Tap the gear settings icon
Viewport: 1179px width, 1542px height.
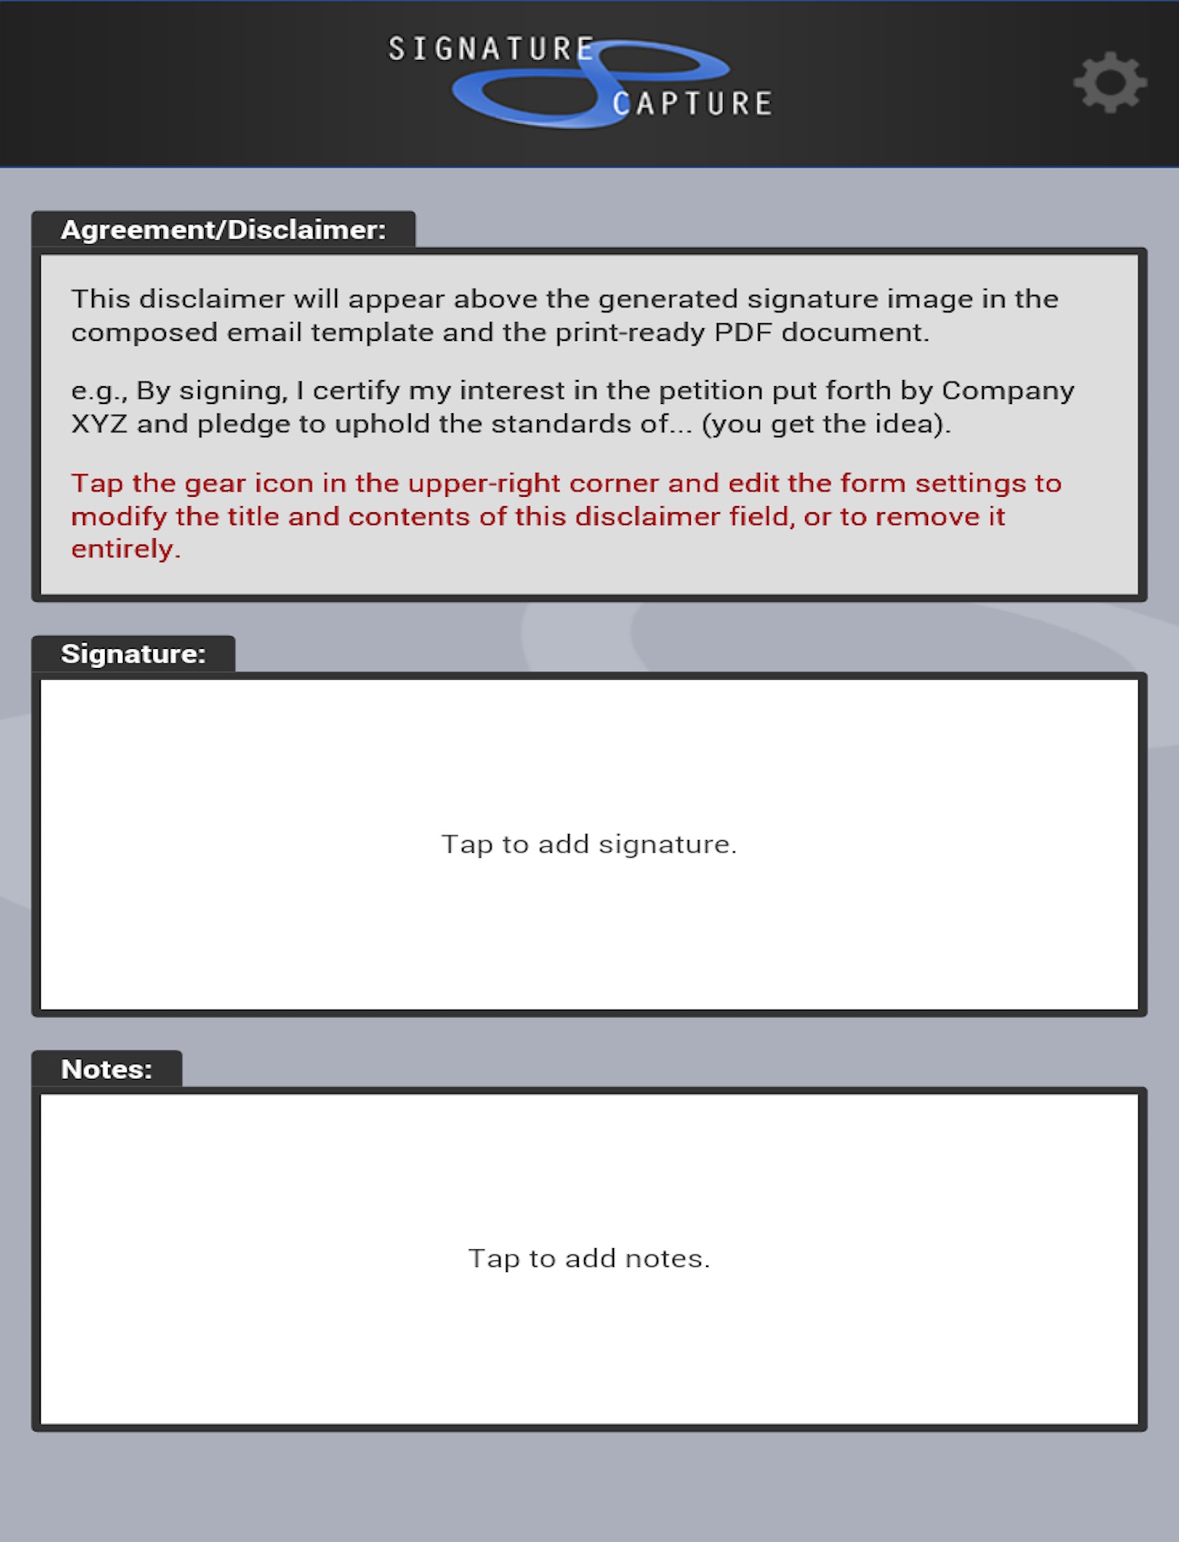click(1110, 82)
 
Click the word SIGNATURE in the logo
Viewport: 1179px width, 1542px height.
click(491, 49)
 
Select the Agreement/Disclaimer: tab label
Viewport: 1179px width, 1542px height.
click(223, 230)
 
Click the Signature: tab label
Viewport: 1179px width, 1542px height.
click(134, 654)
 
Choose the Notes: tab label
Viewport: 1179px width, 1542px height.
click(107, 1069)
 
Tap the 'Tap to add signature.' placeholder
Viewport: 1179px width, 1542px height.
click(589, 844)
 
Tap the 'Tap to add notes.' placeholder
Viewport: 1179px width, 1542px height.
click(589, 1258)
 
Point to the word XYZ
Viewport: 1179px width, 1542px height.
click(99, 424)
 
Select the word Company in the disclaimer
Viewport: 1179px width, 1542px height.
click(1008, 391)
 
